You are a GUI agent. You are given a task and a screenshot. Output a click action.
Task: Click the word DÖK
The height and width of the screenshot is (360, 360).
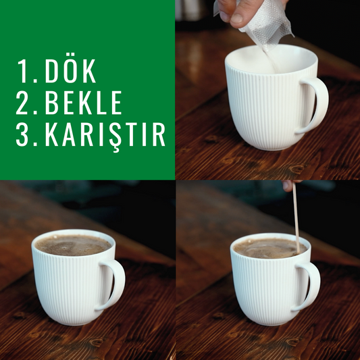tap(70, 71)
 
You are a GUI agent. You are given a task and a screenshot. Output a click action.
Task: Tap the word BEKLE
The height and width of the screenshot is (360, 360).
tap(83, 103)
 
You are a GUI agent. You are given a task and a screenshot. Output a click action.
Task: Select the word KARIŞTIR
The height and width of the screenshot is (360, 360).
tap(105, 136)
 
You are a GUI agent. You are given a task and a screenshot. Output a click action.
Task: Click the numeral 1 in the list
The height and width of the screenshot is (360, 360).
tap(22, 71)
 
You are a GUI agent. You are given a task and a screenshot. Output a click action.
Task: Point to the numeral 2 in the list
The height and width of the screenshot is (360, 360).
tap(24, 103)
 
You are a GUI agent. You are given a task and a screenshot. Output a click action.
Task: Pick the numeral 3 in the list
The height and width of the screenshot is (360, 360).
tap(24, 134)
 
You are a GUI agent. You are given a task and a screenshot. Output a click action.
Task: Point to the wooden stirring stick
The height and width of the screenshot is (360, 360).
tap(296, 217)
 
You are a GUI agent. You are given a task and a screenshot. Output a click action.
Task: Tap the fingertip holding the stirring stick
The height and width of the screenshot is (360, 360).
tap(288, 186)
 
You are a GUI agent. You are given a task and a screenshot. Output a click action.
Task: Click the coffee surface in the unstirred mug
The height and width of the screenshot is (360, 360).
tap(73, 246)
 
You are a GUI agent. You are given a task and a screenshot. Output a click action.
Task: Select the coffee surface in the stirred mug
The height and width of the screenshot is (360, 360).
tap(269, 249)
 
